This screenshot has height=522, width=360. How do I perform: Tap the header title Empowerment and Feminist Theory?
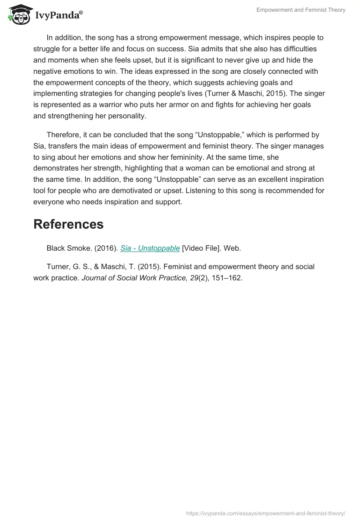(x=301, y=10)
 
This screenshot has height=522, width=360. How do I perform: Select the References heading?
(x=68, y=224)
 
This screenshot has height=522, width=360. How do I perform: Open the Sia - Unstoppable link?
(x=150, y=248)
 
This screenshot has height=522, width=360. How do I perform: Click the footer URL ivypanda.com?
(x=265, y=513)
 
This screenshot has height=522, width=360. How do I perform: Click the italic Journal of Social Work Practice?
(x=135, y=278)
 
